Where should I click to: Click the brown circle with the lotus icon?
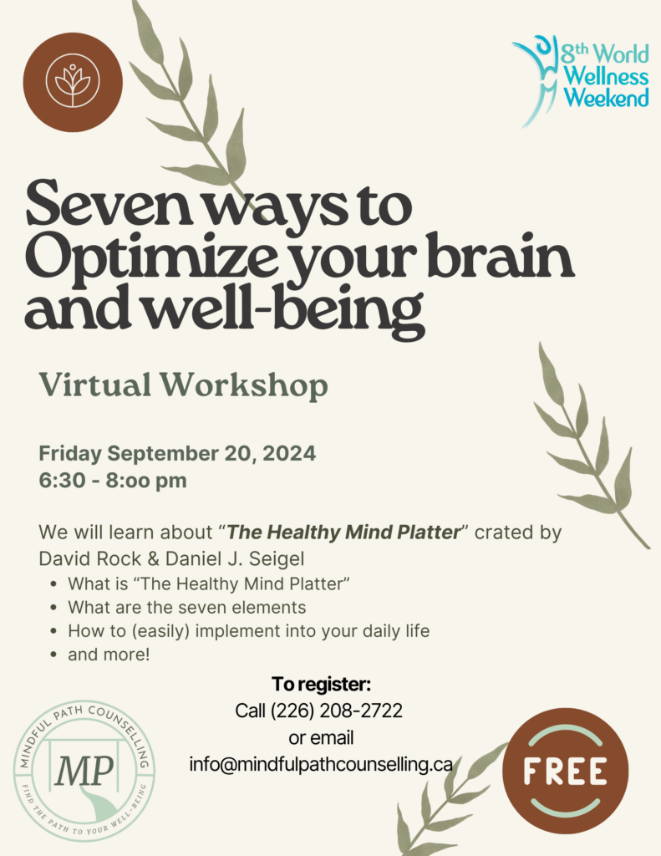(x=73, y=82)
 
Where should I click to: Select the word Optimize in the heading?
(x=150, y=257)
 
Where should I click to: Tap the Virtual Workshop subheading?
(x=183, y=386)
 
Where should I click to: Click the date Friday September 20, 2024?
(x=177, y=454)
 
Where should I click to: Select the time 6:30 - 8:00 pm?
(x=113, y=481)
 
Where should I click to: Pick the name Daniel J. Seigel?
(x=235, y=559)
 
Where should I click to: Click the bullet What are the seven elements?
(x=186, y=608)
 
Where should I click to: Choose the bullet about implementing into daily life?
(x=249, y=632)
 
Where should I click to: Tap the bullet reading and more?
(x=109, y=655)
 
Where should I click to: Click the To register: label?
(x=321, y=684)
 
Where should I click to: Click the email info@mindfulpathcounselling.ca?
(x=321, y=765)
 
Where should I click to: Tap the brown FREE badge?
(x=566, y=771)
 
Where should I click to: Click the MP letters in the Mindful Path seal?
(x=84, y=770)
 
